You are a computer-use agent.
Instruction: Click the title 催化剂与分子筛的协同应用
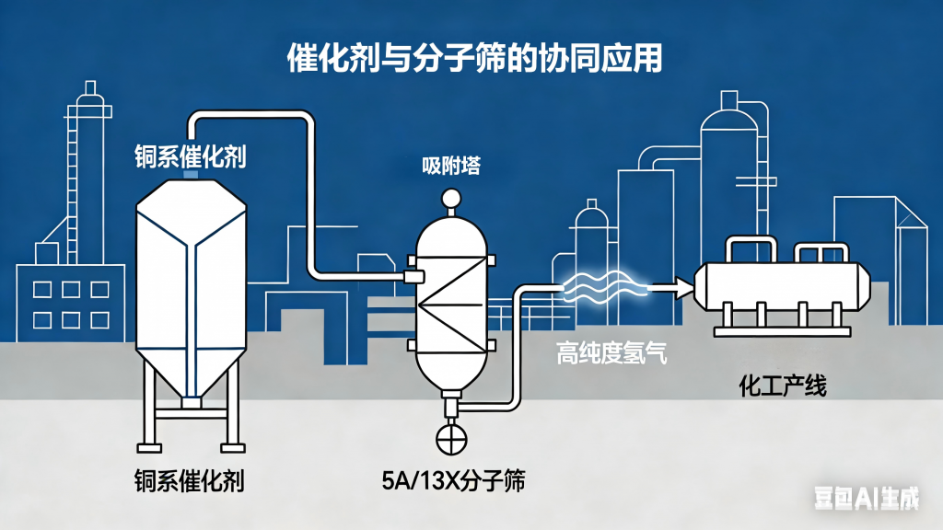(471, 57)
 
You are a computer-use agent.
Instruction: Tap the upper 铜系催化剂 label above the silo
(189, 156)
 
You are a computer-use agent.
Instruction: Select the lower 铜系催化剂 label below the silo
(189, 480)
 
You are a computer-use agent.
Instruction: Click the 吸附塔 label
(451, 166)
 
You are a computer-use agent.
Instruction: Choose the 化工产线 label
(783, 386)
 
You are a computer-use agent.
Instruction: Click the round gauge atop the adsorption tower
(451, 197)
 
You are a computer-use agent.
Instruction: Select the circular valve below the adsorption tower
(452, 439)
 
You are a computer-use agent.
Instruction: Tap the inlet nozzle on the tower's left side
(412, 276)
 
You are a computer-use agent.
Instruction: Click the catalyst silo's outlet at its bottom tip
(191, 402)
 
